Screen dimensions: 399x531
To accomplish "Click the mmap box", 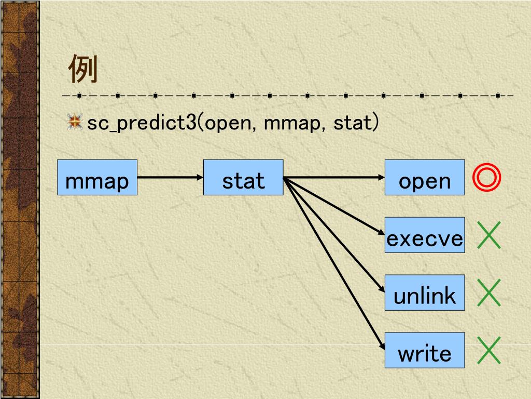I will coord(97,178).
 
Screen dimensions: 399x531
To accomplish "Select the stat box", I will coord(243,178).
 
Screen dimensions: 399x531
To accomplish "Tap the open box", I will coord(425,178).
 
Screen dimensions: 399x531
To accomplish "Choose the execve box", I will coord(425,235).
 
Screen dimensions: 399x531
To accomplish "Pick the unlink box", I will coord(425,293).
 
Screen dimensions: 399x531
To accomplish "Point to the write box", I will coord(425,350).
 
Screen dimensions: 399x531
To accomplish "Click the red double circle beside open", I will coord(487,178).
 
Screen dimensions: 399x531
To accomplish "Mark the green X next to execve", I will coord(488,235).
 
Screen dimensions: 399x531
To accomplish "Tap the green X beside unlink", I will coord(488,292).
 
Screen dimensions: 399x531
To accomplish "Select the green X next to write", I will coord(488,350).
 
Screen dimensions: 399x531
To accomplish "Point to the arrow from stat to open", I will coord(334,177).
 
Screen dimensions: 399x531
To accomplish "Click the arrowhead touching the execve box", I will coord(381,233).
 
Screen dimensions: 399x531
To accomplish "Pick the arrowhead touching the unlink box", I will coord(381,290).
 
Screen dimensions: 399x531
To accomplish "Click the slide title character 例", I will coord(83,70).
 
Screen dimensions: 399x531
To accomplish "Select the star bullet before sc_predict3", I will coord(75,123).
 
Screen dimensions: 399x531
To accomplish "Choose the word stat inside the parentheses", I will coord(352,124).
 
